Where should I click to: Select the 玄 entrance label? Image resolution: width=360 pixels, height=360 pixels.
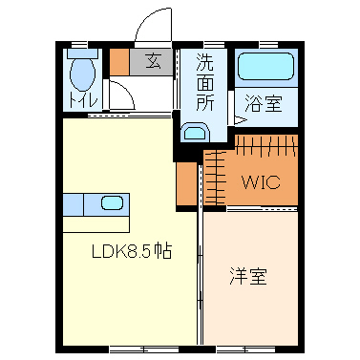coord(152,63)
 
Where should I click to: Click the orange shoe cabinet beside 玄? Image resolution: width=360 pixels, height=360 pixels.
coord(118,62)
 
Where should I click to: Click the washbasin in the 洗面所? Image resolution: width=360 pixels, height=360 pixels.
coord(195,134)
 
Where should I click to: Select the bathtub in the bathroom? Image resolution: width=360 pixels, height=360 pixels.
coord(266,67)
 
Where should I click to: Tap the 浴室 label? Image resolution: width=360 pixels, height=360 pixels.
coord(263,103)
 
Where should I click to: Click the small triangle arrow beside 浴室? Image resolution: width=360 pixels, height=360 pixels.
coord(240,121)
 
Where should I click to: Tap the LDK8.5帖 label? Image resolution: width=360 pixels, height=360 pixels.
coord(131,254)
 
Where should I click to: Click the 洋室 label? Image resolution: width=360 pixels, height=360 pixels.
coord(247,278)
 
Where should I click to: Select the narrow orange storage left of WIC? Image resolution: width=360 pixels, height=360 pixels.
coord(184,183)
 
